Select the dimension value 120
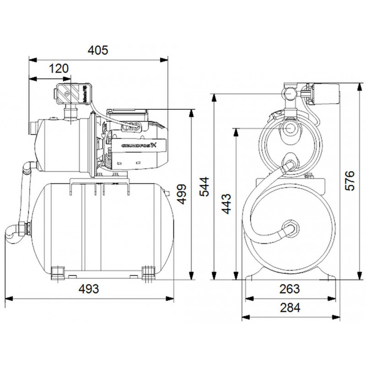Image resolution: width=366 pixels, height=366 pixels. pos(59,69)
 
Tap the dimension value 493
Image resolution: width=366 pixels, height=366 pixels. pos(90,289)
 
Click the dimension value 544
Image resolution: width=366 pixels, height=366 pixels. pos(206,186)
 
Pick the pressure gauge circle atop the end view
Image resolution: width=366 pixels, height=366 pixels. pos(290,93)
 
